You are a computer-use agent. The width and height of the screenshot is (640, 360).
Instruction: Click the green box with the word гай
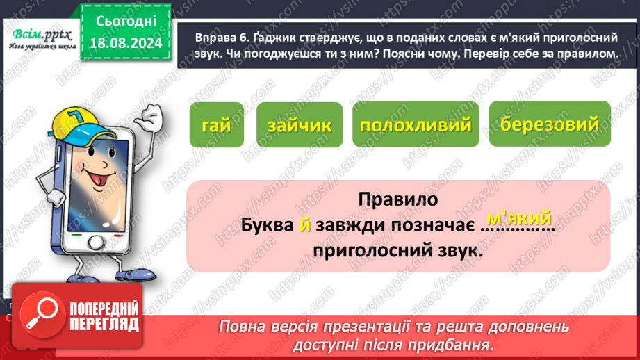(216, 125)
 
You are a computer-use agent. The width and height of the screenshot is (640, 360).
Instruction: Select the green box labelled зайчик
(299, 126)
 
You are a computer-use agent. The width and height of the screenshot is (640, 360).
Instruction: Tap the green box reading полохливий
(416, 126)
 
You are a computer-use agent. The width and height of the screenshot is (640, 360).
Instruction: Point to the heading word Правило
(398, 201)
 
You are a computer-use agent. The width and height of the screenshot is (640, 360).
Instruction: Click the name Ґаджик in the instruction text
(258, 36)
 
